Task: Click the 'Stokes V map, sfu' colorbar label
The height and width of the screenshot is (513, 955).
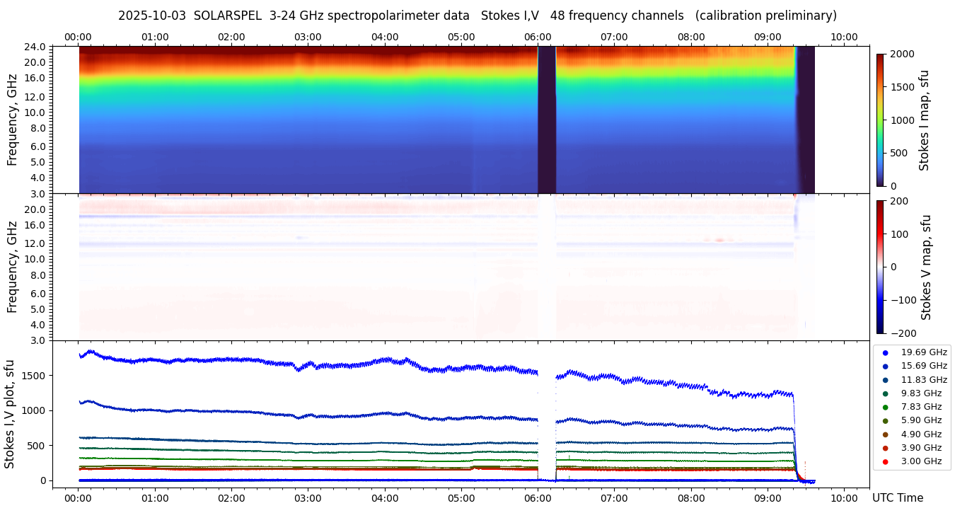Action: pos(926,267)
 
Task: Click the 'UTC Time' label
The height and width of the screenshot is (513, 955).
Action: pos(898,497)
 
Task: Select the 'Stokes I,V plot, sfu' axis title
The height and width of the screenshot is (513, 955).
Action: pos(10,414)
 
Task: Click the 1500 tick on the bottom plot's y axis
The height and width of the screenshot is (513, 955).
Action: pos(35,375)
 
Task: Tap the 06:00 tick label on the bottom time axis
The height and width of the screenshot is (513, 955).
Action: pos(538,497)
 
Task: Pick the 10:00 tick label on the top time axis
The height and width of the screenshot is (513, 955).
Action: pos(844,37)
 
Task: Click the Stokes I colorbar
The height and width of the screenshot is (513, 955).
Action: pos(880,120)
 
